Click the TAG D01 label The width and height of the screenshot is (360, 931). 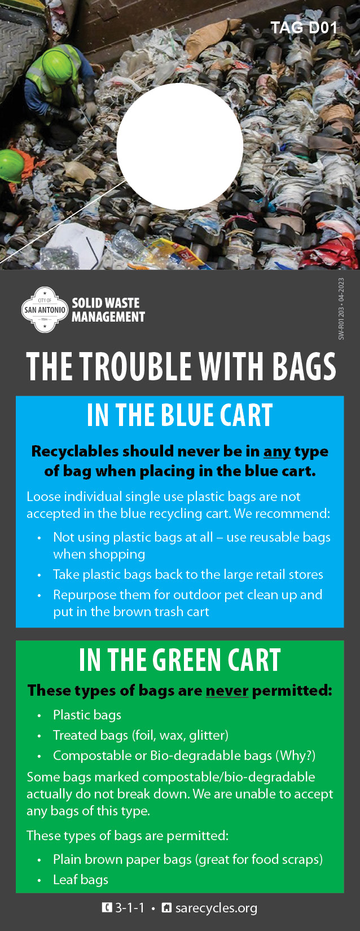coord(304,28)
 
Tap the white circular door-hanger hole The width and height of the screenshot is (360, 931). coord(179,146)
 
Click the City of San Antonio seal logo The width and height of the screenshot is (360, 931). coord(45,310)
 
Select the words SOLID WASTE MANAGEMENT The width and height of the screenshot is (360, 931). coord(108,310)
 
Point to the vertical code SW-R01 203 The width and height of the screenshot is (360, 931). coord(341,323)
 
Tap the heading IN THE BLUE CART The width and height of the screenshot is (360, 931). coord(179,415)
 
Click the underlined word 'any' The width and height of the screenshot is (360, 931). coord(277,452)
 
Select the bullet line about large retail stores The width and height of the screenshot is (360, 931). coord(188,574)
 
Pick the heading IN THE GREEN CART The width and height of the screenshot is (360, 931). coord(179,660)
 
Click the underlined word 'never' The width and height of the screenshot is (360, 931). coord(227,691)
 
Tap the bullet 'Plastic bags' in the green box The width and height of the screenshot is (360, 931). coord(87,715)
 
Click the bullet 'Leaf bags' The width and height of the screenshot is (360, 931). coord(81,880)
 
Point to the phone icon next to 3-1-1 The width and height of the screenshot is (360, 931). coord(107,907)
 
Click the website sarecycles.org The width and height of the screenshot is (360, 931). coord(216,908)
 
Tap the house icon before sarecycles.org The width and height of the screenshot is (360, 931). coord(166,907)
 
